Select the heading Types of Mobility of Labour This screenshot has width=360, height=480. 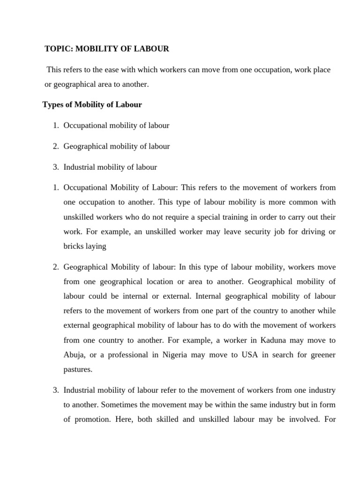(x=92, y=105)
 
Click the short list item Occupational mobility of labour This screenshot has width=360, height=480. (x=116, y=125)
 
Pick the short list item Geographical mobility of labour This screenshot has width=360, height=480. (x=116, y=146)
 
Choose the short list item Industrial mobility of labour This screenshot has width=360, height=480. (x=110, y=167)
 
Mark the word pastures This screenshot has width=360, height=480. (x=78, y=369)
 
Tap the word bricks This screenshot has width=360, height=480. (x=73, y=247)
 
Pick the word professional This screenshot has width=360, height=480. (x=129, y=354)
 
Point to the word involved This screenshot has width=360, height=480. (x=298, y=420)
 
